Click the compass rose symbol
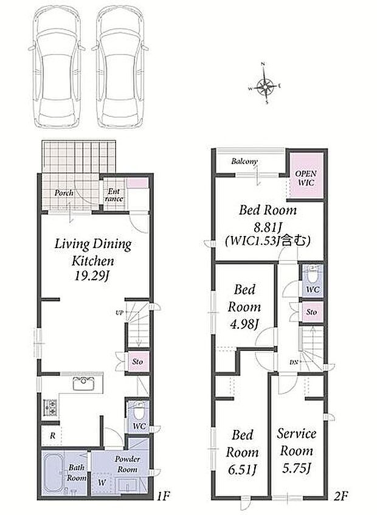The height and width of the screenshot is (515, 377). tap(265, 85)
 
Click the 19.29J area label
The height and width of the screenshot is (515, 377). tap(92, 277)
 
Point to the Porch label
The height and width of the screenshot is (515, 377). tap(64, 193)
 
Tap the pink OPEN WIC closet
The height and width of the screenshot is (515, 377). tap(306, 177)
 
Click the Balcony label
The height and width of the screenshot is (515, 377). tap(244, 161)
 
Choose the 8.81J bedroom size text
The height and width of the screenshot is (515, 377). tap(268, 226)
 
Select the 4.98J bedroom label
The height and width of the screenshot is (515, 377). tap(244, 307)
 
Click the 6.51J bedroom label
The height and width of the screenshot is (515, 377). tap(242, 452)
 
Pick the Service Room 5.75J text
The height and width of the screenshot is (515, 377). tap(297, 451)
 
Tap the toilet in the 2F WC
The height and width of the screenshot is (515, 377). tap(312, 275)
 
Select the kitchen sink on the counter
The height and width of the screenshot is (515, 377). tap(83, 383)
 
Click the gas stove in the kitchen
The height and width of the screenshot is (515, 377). tap(50, 407)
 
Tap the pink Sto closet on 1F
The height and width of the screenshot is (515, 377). tap(138, 362)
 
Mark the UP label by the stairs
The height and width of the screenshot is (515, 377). tap(119, 313)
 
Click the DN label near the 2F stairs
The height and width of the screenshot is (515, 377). tap(294, 362)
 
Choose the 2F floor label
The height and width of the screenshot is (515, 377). tap(341, 496)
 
